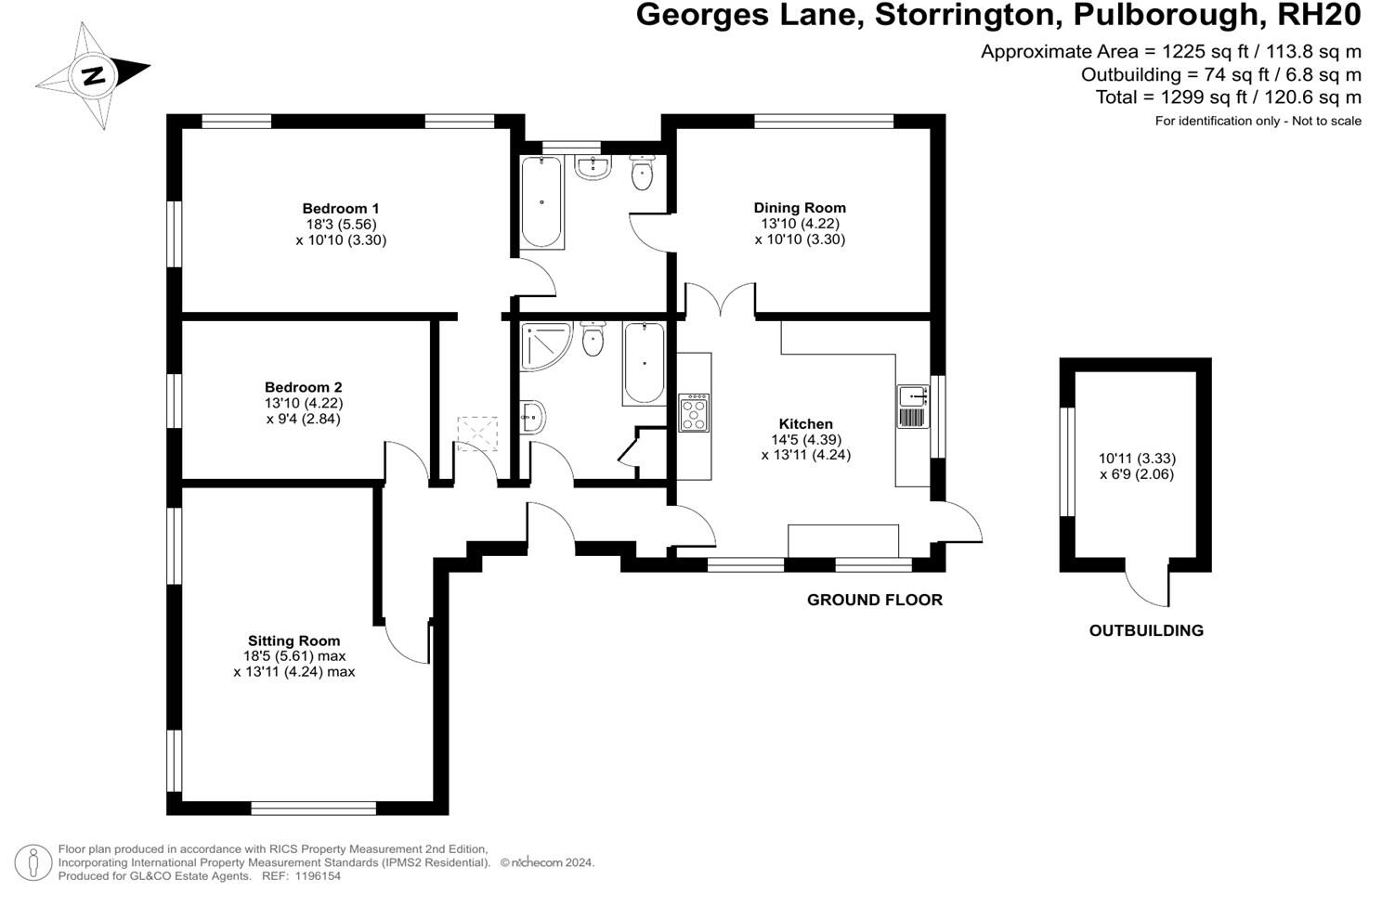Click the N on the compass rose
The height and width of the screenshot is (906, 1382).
coord(93,75)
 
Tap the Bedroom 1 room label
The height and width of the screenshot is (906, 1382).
coord(340,209)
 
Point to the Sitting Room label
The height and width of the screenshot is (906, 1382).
coord(293,641)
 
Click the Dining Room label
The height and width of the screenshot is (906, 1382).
coord(799,208)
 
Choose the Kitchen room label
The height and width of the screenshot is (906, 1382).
coord(805,424)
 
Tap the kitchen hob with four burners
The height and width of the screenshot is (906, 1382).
coord(694,413)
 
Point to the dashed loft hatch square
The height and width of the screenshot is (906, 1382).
coord(477,434)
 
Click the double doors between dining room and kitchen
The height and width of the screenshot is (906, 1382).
coord(720,302)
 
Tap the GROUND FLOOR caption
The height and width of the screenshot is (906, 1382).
coord(874,600)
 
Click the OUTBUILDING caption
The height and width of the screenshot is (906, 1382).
coord(1145,630)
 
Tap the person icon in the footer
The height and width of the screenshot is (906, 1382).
coord(33,862)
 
